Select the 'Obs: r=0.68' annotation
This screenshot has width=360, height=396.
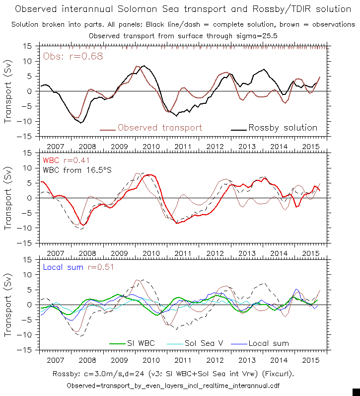pos(73,56)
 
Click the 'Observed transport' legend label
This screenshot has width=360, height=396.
pos(159,128)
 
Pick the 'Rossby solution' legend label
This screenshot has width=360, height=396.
pos(283,128)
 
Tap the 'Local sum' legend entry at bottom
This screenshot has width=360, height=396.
pos(268,343)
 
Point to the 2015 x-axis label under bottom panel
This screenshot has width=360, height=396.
pos(311,360)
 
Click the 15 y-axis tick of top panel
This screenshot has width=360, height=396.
pos(28,46)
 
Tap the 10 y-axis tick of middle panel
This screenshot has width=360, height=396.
pos(28,167)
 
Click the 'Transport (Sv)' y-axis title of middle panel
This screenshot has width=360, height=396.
pos(8,197)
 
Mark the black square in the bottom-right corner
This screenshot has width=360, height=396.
pos(356,392)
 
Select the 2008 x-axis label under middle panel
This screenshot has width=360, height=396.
pos(87,253)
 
